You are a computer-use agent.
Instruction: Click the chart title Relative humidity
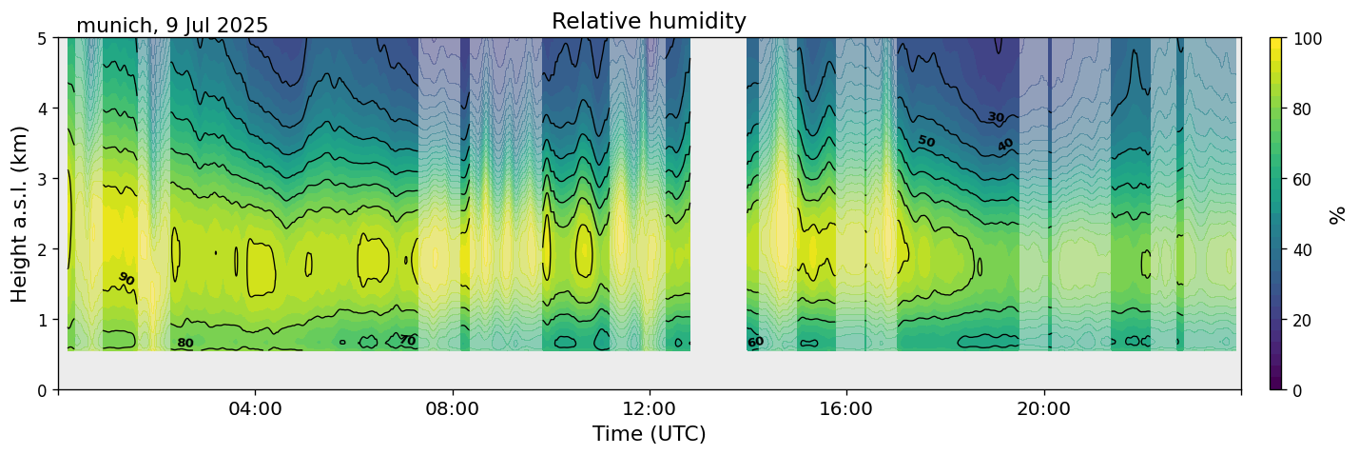pyautogui.click(x=649, y=22)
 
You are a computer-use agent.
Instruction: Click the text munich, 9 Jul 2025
pyautogui.click(x=172, y=26)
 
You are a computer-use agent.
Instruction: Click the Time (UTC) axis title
pyautogui.click(x=649, y=434)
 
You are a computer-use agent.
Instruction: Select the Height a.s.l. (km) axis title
pyautogui.click(x=20, y=213)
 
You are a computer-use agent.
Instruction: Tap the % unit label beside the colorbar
pyautogui.click(x=1338, y=214)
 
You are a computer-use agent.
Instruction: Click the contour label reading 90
pyautogui.click(x=126, y=279)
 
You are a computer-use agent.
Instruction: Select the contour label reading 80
pyautogui.click(x=185, y=344)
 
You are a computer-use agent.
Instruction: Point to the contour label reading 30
pyautogui.click(x=995, y=117)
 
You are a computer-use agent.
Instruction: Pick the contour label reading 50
pyautogui.click(x=926, y=142)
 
